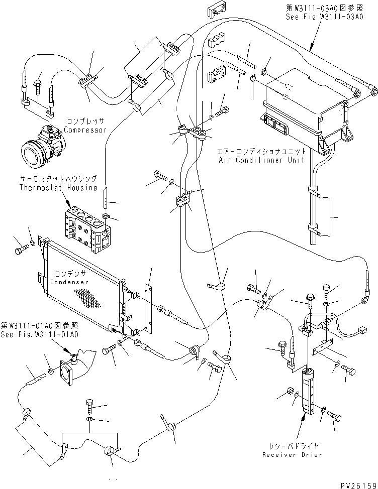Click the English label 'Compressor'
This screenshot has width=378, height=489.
point(85,130)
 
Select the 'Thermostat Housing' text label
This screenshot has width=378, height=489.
point(58,188)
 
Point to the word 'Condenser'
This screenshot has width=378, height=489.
point(69,282)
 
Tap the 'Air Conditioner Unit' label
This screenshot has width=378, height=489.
point(261,160)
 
